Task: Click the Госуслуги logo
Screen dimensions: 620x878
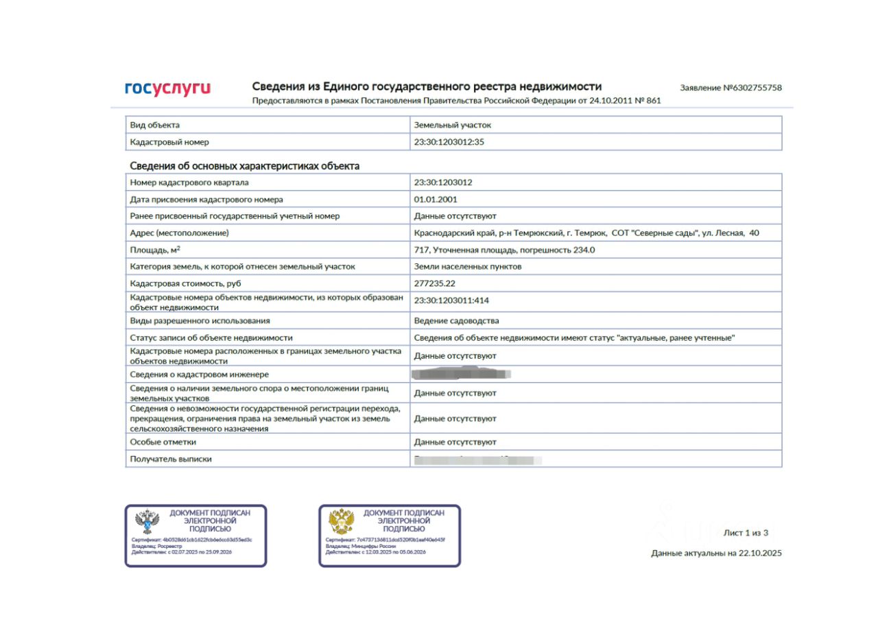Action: coord(167,88)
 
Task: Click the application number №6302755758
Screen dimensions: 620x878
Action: coord(731,88)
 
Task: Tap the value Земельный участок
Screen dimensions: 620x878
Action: coord(452,125)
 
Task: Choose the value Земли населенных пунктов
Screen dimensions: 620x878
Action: coord(467,266)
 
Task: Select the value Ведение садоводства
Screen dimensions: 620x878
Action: coord(456,320)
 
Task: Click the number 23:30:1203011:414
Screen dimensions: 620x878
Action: coord(451,300)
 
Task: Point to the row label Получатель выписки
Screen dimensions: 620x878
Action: coord(171,459)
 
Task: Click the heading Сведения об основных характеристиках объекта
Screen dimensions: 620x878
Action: coord(244,166)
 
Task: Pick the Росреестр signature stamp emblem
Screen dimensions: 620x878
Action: coord(147,523)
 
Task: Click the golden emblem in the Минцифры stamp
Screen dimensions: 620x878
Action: coord(341,522)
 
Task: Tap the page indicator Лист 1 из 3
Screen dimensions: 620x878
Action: coord(746,533)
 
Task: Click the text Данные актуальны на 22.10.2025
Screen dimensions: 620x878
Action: coord(716,553)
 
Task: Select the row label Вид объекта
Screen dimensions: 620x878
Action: coord(154,125)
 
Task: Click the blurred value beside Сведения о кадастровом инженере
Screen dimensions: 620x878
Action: coord(462,374)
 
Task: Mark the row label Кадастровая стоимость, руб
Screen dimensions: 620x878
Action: coord(185,283)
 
